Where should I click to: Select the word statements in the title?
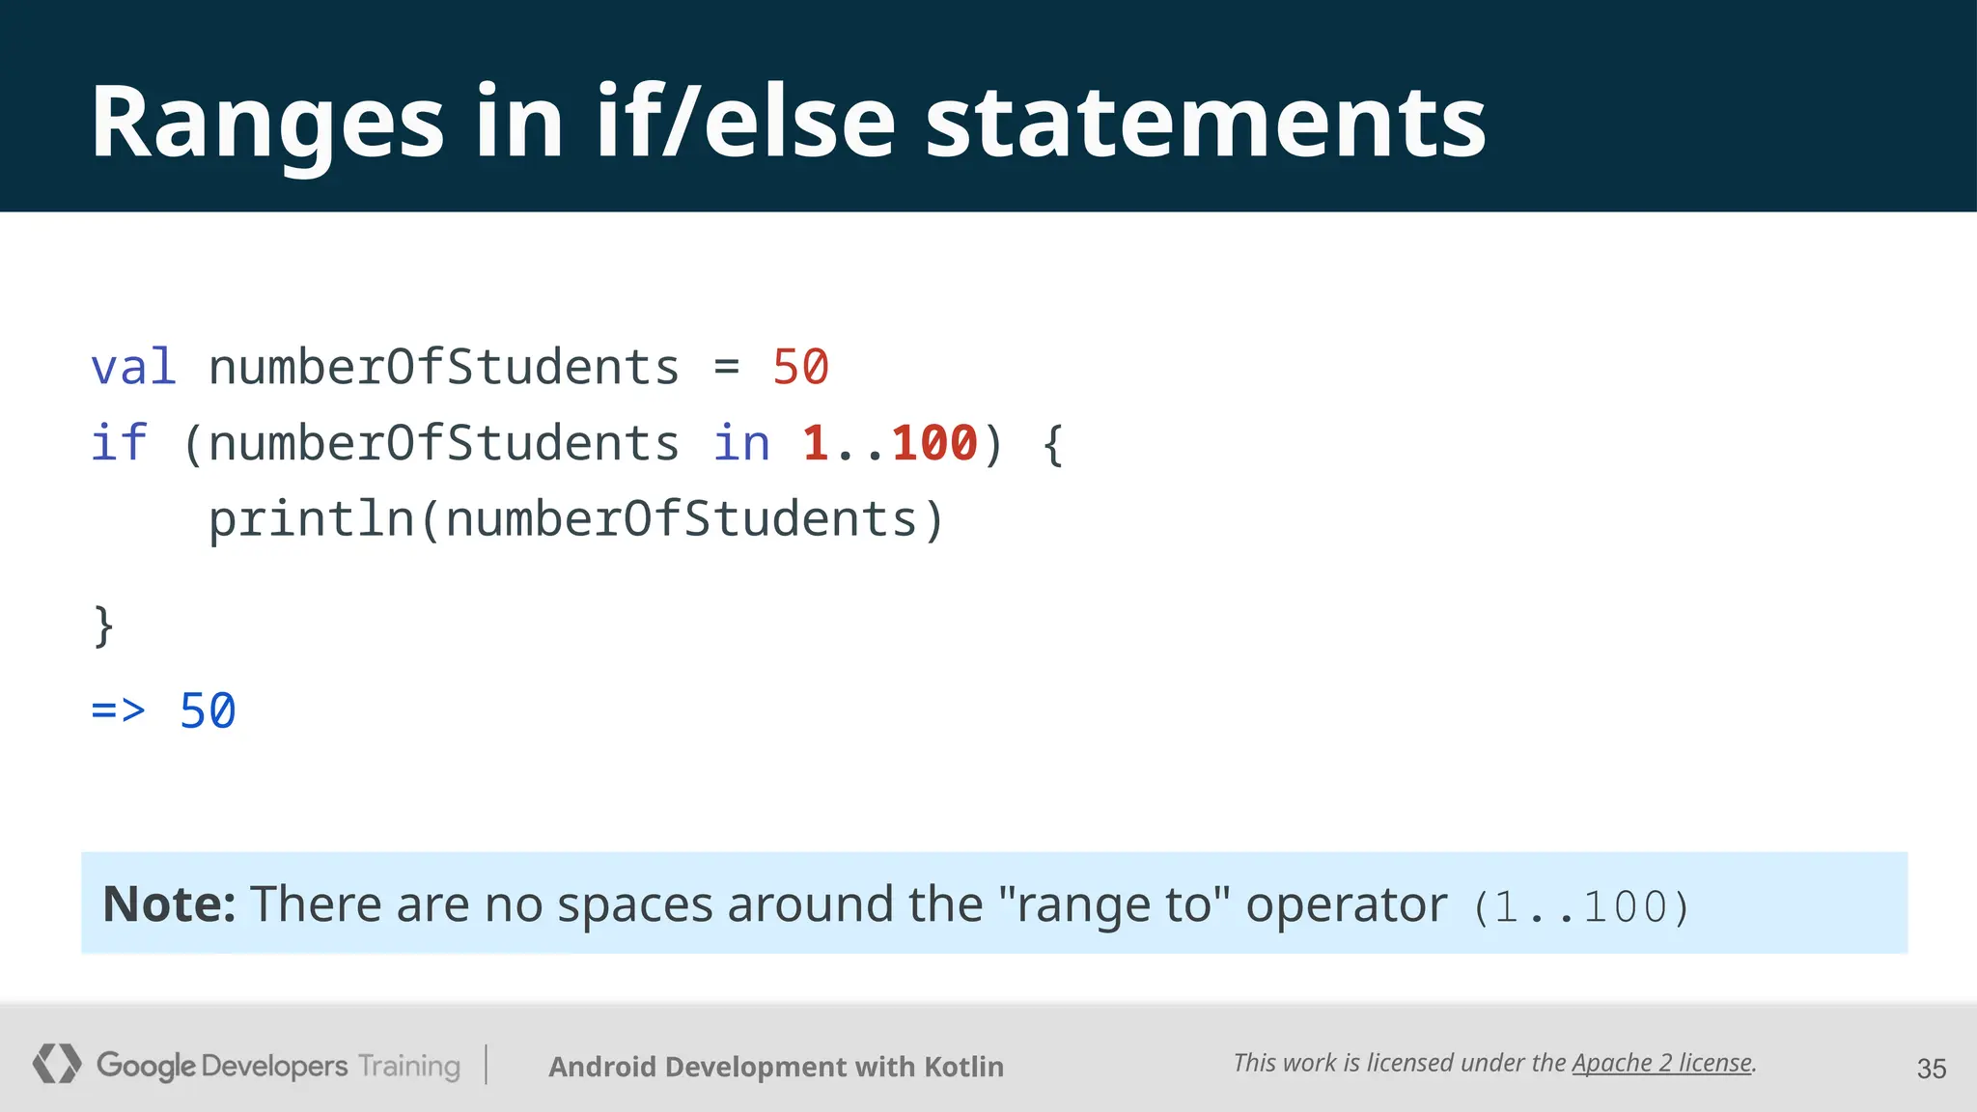pos(1206,124)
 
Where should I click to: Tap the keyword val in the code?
pos(133,368)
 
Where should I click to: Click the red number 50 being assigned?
pos(800,368)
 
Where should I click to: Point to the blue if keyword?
pos(119,444)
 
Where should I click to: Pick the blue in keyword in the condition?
pos(741,444)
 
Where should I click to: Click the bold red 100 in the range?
pos(934,444)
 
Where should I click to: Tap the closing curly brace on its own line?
pos(103,626)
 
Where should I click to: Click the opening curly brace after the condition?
pos(1053,444)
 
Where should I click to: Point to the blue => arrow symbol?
pos(118,711)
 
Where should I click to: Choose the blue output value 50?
pos(208,711)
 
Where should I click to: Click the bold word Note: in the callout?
pos(169,904)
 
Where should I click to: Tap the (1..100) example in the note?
pos(1581,907)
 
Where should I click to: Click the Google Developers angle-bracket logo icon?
pos(56,1064)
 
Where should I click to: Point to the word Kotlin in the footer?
pos(963,1067)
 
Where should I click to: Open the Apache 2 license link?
pos(1661,1063)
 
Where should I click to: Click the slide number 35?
pos(1931,1069)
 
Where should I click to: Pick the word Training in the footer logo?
pos(409,1066)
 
